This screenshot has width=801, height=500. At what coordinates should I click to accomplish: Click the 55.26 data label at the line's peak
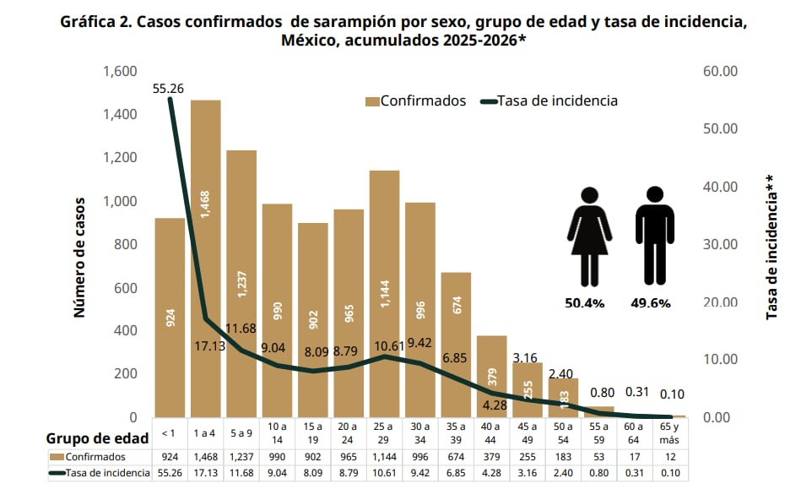169,87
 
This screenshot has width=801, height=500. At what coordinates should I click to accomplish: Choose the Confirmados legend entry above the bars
415,101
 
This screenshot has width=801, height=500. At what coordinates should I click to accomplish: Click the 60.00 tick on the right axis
720,71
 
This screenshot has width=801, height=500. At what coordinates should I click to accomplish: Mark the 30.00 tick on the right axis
720,244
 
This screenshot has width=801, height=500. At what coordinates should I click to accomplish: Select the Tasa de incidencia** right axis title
771,247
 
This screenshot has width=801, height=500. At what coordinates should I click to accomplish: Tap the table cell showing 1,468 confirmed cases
206,457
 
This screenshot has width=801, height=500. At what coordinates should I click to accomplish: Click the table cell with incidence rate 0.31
635,473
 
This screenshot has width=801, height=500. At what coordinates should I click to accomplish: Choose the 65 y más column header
670,434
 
